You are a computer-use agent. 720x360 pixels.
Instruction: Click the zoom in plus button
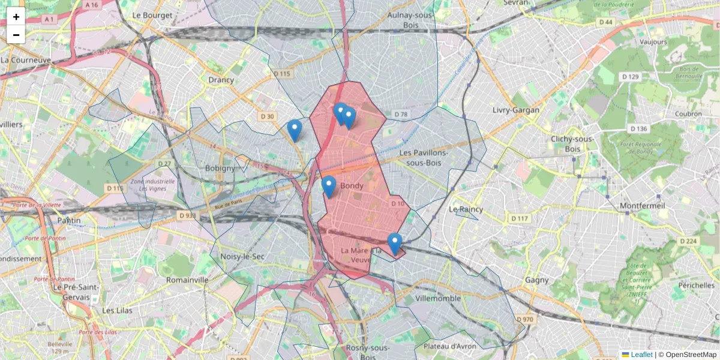click(x=16, y=17)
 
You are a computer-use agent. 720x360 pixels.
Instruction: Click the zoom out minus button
click(x=16, y=35)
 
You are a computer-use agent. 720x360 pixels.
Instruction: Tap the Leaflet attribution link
click(x=641, y=355)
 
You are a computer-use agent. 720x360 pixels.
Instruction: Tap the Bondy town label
click(x=352, y=186)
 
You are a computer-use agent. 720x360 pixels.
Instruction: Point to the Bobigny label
click(x=220, y=168)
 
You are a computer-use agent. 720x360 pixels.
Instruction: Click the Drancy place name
click(x=221, y=79)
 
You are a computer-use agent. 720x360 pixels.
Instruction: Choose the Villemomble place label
click(x=438, y=298)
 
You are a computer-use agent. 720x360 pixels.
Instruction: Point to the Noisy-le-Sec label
click(x=242, y=256)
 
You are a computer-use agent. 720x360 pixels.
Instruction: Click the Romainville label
click(x=187, y=280)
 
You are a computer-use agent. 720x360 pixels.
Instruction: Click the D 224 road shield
click(x=689, y=241)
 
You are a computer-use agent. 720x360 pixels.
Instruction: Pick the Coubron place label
click(x=688, y=113)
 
